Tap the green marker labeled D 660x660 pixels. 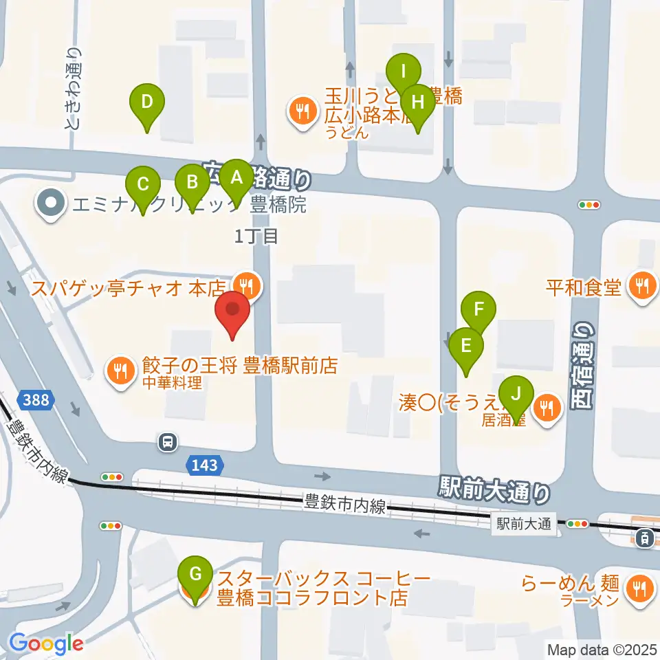[x=147, y=102]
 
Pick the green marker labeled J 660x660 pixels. [x=516, y=395]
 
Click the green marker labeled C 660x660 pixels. [x=143, y=185]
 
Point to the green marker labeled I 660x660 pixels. [x=404, y=71]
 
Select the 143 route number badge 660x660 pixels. [x=205, y=466]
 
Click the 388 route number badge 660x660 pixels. [x=34, y=399]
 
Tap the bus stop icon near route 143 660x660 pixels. [x=167, y=442]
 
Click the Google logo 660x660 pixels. [x=46, y=643]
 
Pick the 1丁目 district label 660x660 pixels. [x=257, y=237]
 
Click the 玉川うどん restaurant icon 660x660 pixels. [x=301, y=109]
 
